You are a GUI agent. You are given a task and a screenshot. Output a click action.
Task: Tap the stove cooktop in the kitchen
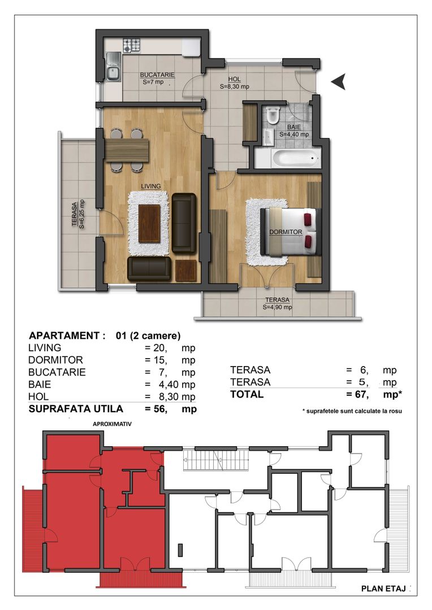click(x=132, y=45)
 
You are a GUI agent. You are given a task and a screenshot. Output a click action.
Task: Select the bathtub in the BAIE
click(x=287, y=158)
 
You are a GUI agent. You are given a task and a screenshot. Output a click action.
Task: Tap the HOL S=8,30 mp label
click(x=234, y=83)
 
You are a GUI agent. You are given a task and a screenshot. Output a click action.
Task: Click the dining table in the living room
click(x=127, y=150)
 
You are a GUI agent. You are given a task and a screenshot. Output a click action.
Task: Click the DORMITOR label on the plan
click(x=286, y=232)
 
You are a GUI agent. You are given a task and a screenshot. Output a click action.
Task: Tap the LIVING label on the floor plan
click(x=151, y=186)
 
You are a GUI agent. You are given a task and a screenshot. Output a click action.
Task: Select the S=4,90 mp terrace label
click(x=277, y=304)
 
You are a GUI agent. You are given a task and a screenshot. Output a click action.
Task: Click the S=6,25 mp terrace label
click(x=78, y=213)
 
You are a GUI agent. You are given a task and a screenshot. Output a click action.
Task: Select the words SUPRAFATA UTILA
click(x=76, y=409)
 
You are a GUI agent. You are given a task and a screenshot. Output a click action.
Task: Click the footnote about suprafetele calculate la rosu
click(x=352, y=411)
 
